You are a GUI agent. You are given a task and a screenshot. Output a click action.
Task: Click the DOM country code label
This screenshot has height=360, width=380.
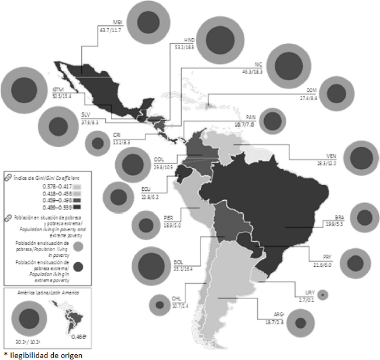coord(312,90)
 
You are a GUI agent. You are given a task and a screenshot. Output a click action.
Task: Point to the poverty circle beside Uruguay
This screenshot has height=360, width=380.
coord(322,296)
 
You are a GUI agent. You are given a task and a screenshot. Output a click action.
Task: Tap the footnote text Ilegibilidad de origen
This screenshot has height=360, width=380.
coord(39,355)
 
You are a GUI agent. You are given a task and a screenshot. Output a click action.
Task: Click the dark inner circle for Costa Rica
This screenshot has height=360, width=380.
coord(97,142)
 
